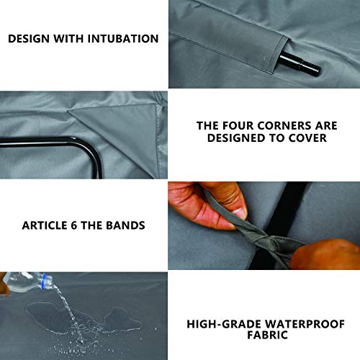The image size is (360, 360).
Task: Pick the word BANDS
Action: click(126, 225)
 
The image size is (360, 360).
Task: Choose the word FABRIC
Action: click(267, 336)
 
